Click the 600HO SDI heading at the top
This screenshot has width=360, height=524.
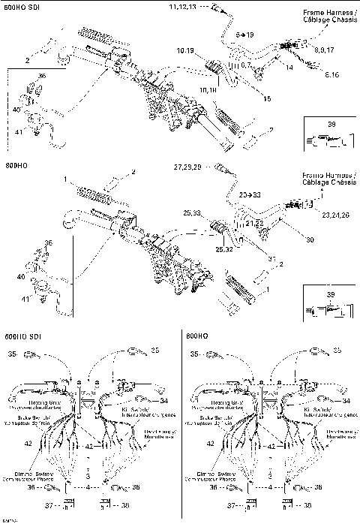tap(23, 7)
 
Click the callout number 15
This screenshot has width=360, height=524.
tap(268, 98)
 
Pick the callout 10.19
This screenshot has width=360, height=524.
tap(185, 50)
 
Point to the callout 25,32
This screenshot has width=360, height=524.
tap(224, 248)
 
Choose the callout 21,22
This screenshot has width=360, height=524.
tap(255, 224)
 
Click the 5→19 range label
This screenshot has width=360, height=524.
tap(244, 35)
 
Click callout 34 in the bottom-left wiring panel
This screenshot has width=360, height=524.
tap(163, 401)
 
